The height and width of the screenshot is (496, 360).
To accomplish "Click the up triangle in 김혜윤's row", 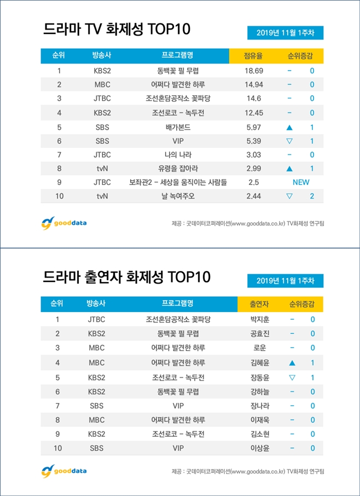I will click(292, 362).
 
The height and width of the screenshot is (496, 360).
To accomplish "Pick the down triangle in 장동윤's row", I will click(292, 377).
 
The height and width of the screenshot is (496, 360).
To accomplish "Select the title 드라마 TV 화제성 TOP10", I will click(117, 29).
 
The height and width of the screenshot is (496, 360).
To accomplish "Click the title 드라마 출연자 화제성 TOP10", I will click(126, 277).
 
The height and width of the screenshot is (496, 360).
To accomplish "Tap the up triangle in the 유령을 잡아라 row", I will click(289, 169).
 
